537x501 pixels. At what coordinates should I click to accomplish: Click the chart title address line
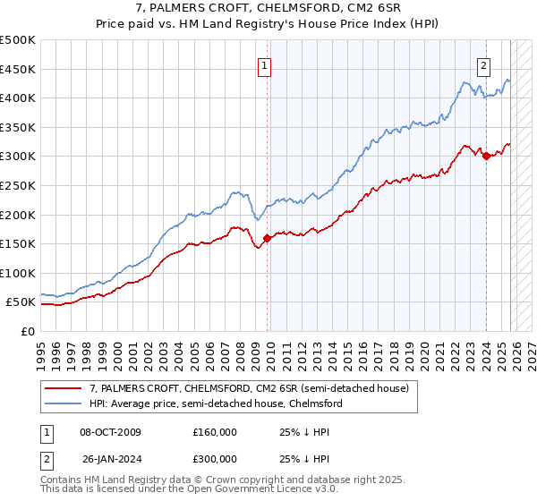[268, 9]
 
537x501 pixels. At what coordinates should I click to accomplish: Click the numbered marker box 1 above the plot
[266, 64]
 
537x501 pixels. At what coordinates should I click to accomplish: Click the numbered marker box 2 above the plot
[483, 64]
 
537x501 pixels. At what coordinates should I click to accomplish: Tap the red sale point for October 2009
[268, 238]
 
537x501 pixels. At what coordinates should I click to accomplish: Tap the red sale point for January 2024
[486, 156]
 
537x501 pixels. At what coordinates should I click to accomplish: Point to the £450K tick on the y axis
[18, 69]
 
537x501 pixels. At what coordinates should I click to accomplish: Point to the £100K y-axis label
[18, 273]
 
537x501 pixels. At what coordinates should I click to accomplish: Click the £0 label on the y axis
[27, 331]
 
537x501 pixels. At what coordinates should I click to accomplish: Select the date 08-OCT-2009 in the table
[110, 432]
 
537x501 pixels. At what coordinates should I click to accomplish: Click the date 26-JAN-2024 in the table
[110, 461]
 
